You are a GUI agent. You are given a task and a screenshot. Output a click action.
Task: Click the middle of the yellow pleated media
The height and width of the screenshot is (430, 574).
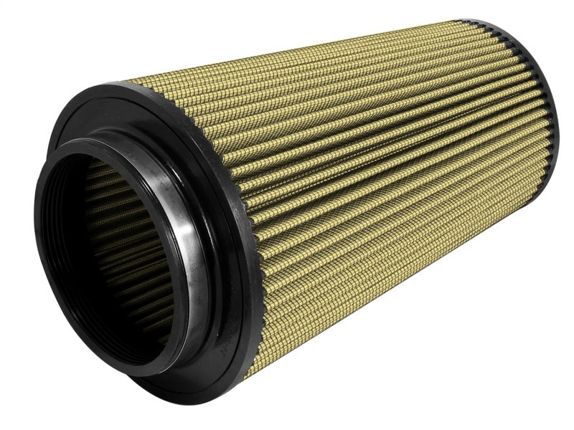click(373, 165)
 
